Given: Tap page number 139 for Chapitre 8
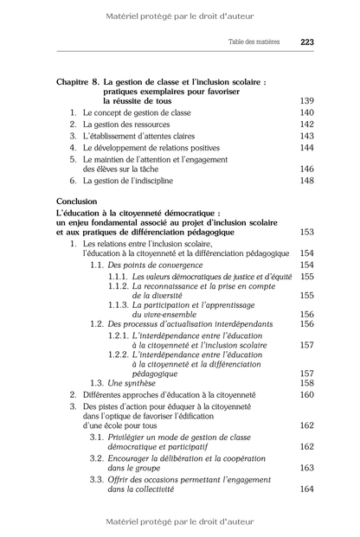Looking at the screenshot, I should [306, 101].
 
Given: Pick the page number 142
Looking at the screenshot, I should [306, 125].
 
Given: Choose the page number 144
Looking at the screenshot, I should [306, 147].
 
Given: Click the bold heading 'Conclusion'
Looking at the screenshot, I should [77, 201].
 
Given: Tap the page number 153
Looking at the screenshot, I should [306, 232].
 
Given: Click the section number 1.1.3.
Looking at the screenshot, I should [119, 305].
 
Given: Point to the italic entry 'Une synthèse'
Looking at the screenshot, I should [132, 383].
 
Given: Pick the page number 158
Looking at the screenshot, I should [306, 383].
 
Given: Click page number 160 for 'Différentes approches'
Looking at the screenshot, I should [306, 394].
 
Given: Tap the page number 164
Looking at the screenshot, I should [306, 489].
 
